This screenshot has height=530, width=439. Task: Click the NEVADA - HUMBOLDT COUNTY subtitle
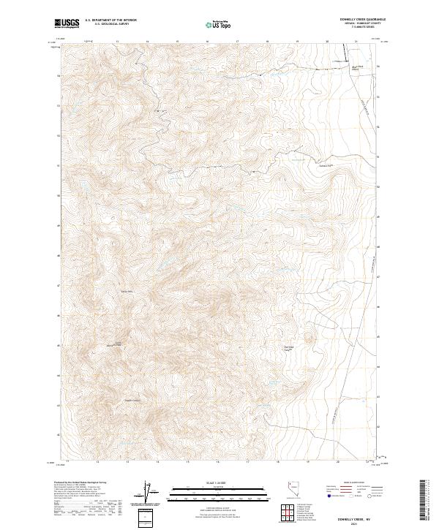click(x=366, y=23)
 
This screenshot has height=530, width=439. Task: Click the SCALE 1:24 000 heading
click(x=211, y=483)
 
